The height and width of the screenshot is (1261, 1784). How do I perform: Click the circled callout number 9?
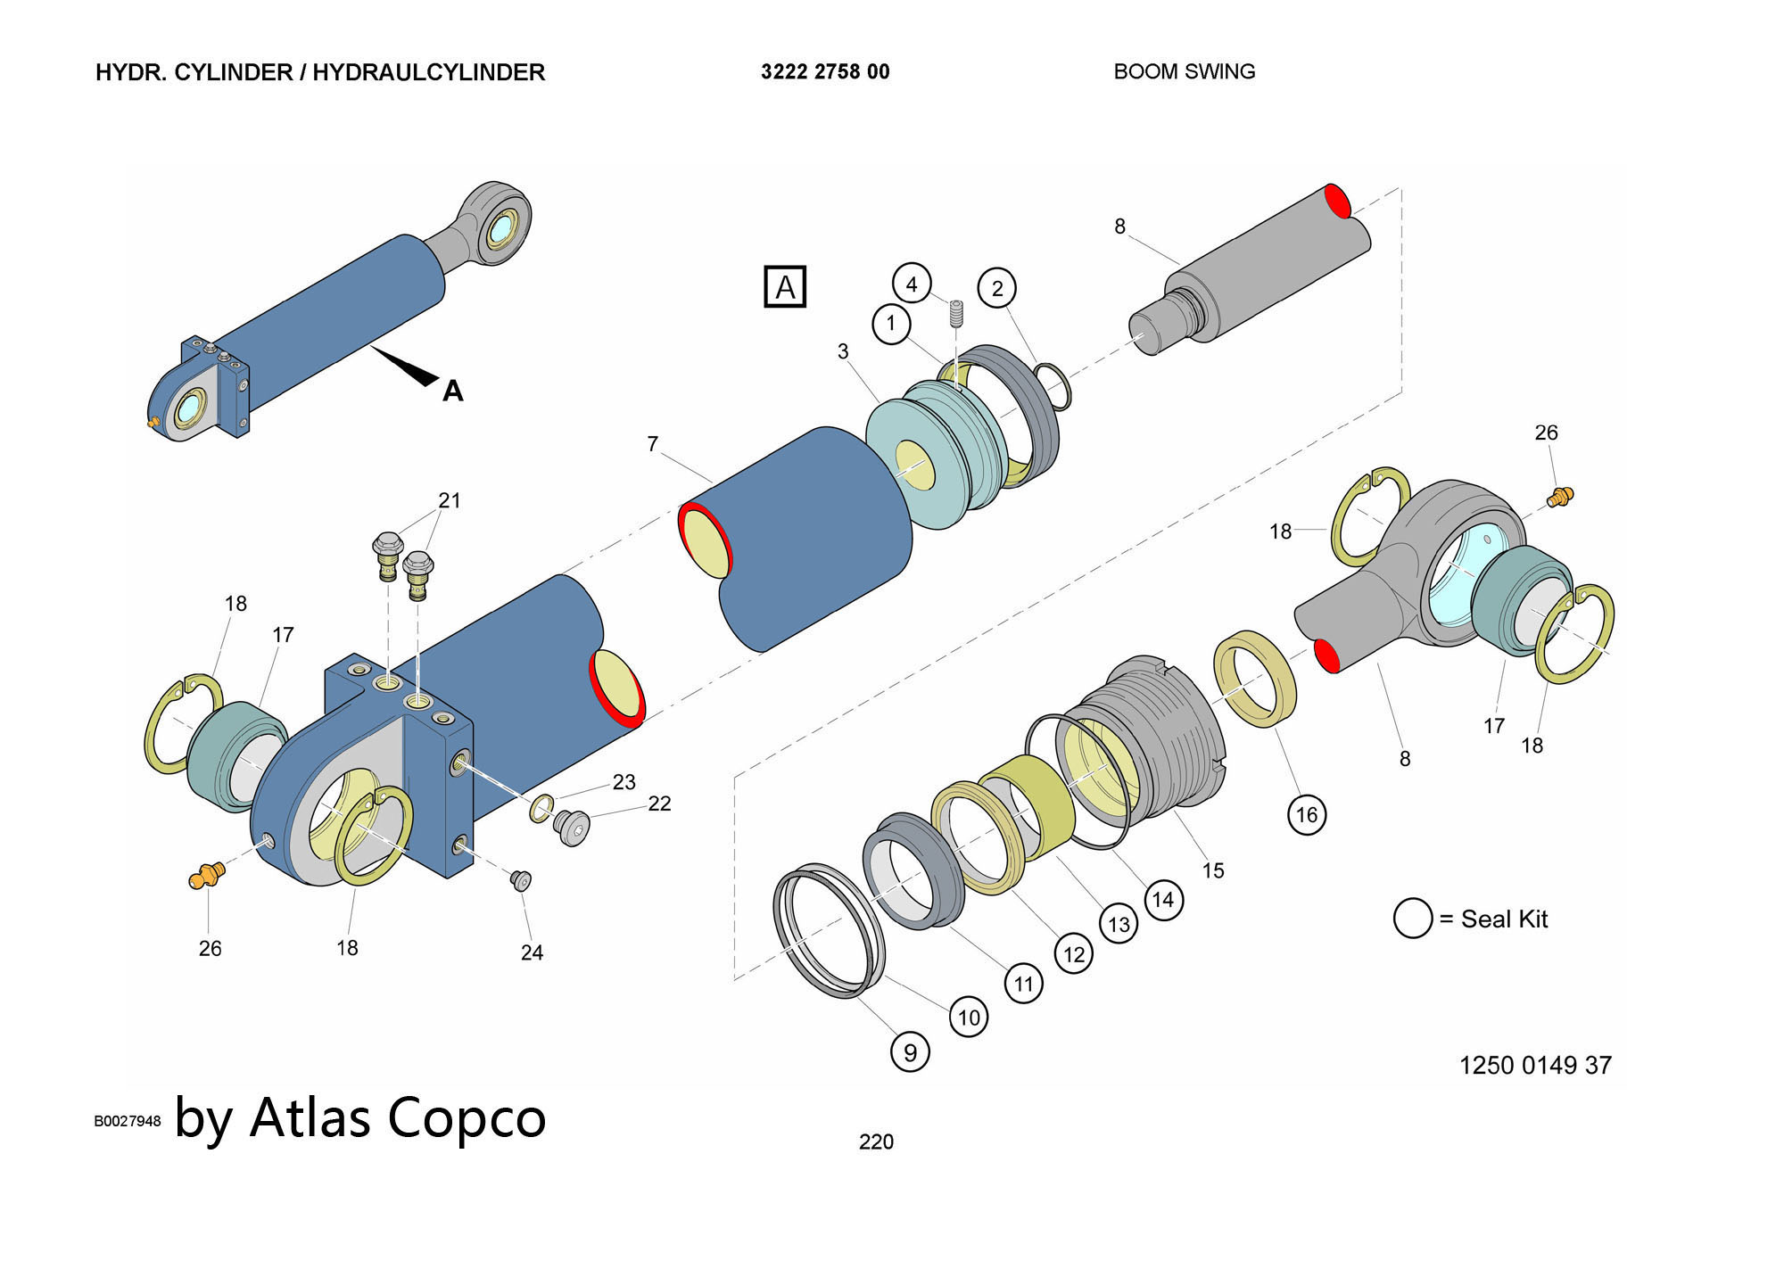point(910,1052)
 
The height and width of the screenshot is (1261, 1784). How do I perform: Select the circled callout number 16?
point(1306,814)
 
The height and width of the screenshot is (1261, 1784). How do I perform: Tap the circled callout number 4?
point(912,284)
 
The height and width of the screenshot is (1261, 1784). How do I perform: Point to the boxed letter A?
point(785,287)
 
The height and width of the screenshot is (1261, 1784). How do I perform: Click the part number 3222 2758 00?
point(825,72)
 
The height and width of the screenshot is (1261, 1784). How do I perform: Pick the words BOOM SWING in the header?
point(1184,72)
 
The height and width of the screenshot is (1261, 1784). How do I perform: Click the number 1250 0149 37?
point(1535,1065)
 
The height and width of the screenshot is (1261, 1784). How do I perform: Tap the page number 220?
point(876,1141)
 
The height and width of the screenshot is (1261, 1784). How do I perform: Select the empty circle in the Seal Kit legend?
point(1413,918)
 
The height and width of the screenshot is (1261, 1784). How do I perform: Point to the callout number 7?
point(653,443)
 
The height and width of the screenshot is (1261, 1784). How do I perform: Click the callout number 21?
point(450,500)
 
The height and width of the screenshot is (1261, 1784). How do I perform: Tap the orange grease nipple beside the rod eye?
point(1560,497)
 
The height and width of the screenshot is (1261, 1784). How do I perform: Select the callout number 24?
point(532,952)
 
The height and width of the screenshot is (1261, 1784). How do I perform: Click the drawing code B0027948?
point(128,1121)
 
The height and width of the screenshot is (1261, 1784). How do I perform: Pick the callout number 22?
point(659,804)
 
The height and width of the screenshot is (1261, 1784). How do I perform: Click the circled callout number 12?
point(1074,954)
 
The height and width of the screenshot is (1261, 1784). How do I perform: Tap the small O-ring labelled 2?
point(1053,385)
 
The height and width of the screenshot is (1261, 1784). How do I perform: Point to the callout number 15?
point(1213,870)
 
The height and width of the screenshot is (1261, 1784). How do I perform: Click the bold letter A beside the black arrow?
point(453,391)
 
